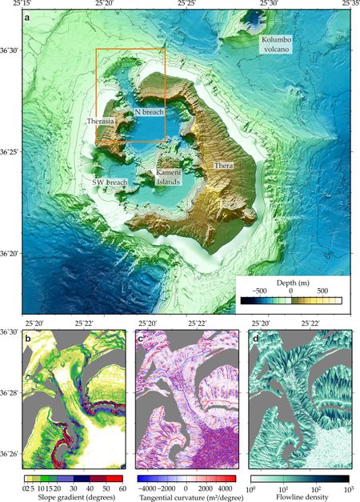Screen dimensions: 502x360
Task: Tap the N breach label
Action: point(149,113)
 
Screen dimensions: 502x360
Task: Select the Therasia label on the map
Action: point(102,122)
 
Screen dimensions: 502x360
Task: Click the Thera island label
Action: point(222,165)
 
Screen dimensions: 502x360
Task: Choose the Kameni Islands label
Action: point(167,177)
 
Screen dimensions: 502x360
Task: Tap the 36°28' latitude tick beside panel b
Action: point(10,393)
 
